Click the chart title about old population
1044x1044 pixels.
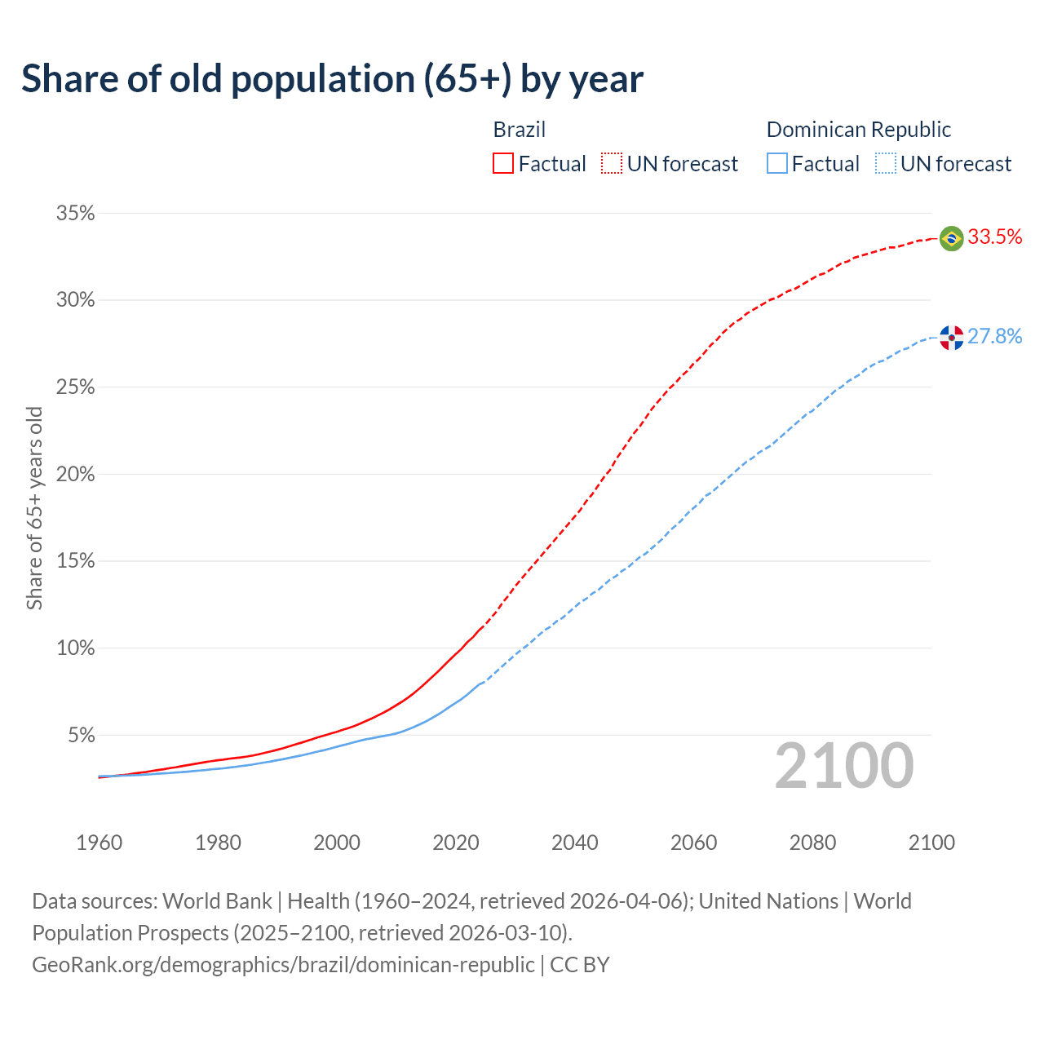coord(332,79)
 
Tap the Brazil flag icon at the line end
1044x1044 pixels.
coord(951,238)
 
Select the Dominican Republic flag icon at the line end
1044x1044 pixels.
coord(951,337)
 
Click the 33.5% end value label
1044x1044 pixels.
coord(995,237)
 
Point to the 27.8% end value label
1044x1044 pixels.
coord(995,337)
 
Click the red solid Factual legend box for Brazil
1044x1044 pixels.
coord(503,164)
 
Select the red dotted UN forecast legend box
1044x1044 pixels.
coord(612,164)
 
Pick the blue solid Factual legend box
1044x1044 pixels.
coord(777,164)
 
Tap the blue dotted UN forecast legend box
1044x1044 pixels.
coord(886,164)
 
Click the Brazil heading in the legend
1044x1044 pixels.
coord(520,130)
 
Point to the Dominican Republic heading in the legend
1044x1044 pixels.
coord(859,130)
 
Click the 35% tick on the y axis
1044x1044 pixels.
coord(75,214)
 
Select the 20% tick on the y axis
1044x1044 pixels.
coord(75,475)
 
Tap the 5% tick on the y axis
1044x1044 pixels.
coord(80,736)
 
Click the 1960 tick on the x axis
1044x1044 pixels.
coord(99,843)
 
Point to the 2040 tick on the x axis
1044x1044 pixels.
coord(574,843)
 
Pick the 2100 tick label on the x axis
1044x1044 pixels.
coord(931,843)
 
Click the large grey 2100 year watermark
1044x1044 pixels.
coord(844,766)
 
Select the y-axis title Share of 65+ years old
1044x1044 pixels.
coord(34,508)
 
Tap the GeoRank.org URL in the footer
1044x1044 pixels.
coord(283,965)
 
